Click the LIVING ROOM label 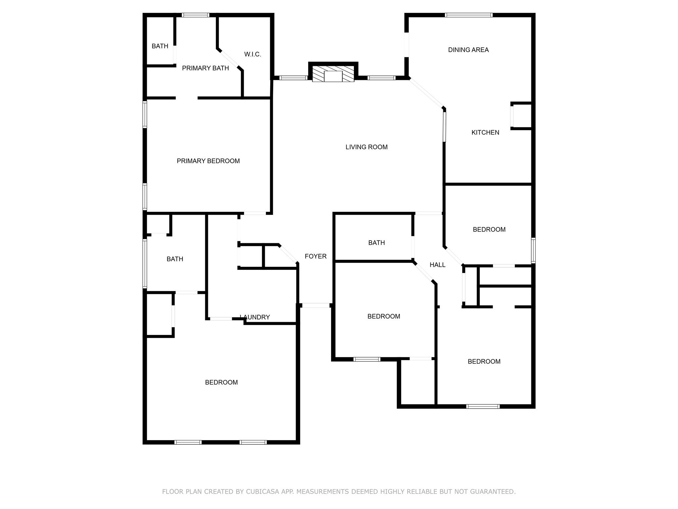[x=366, y=147]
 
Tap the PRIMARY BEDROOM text [x=208, y=161]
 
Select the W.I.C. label [x=253, y=54]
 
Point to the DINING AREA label [x=468, y=50]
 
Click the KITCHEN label [x=485, y=133]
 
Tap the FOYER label [x=315, y=256]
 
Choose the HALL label [x=437, y=265]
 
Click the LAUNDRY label [x=255, y=317]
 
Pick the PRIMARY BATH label [x=205, y=68]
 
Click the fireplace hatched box [x=333, y=74]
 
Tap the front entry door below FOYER [x=316, y=305]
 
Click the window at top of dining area [x=468, y=15]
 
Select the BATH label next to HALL [x=376, y=243]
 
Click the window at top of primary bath [x=195, y=15]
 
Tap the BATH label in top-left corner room [x=160, y=46]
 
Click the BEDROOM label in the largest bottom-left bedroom [x=221, y=382]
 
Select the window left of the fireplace [x=293, y=78]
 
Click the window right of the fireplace [x=381, y=78]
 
